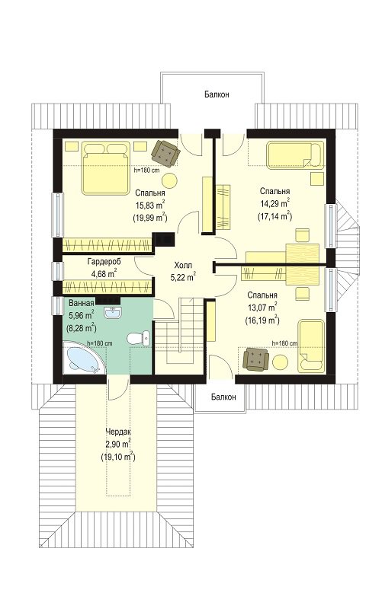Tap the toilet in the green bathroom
(x=139, y=337)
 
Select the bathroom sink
(x=113, y=311)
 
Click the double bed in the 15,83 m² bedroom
(x=105, y=167)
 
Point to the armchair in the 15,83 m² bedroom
(x=165, y=154)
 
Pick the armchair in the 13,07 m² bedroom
(x=255, y=359)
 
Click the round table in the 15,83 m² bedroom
(x=169, y=180)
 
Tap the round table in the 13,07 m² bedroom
(x=280, y=363)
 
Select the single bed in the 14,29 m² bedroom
(x=295, y=155)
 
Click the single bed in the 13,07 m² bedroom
(x=311, y=346)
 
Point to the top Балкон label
(x=217, y=94)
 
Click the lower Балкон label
(x=223, y=397)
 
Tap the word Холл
(x=183, y=266)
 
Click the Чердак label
(x=118, y=432)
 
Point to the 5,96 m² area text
(x=81, y=314)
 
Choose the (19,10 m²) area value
(x=118, y=457)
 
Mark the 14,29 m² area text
(x=275, y=203)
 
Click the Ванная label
(x=82, y=303)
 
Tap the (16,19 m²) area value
(x=262, y=320)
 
